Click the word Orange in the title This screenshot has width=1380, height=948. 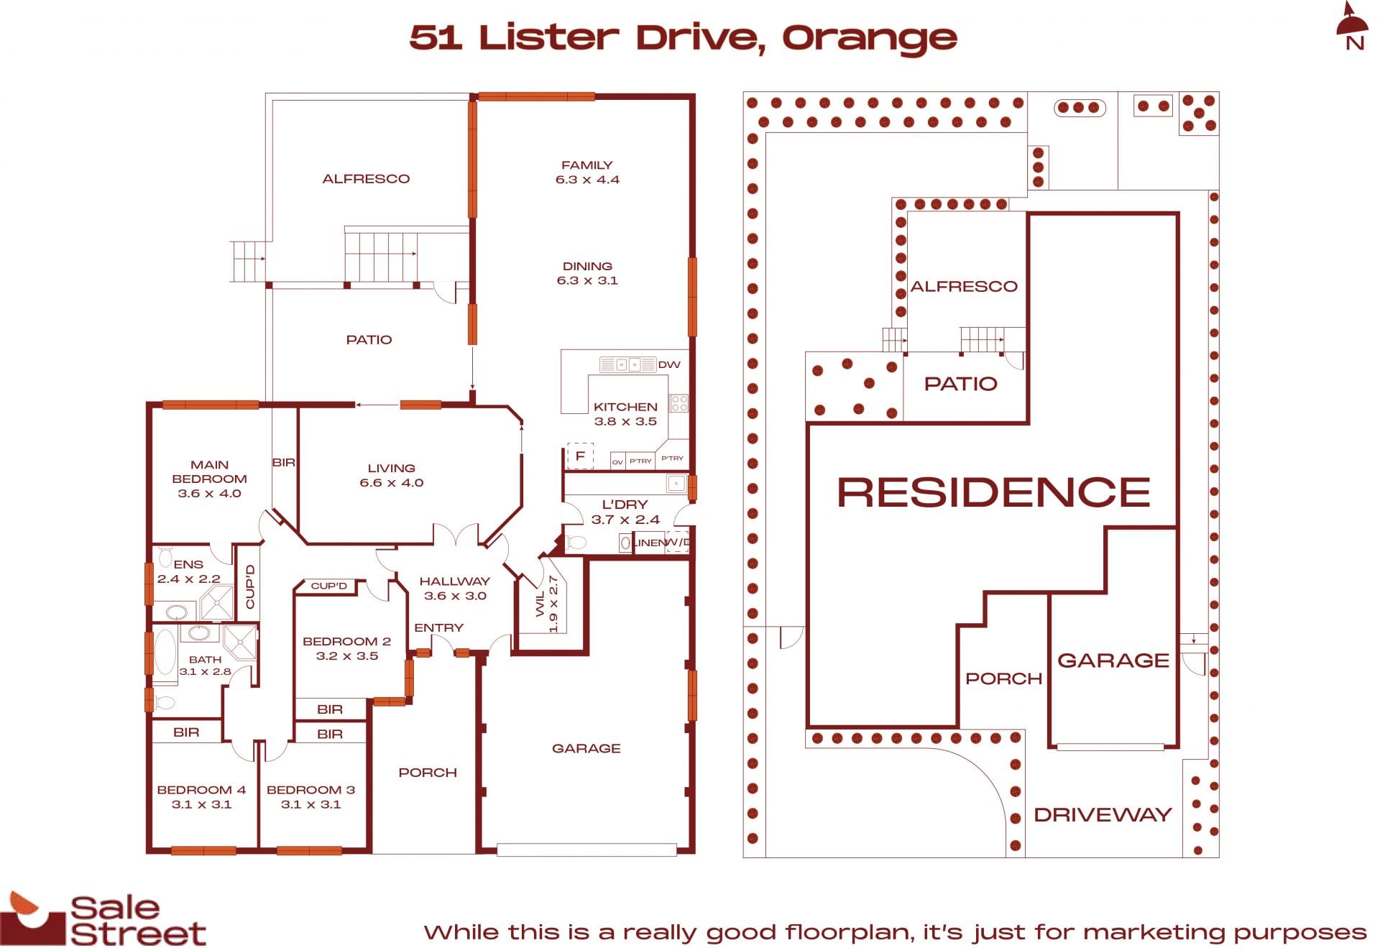870,39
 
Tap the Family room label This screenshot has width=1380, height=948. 587,172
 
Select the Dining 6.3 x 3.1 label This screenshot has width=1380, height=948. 587,273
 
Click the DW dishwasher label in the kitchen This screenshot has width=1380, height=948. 669,364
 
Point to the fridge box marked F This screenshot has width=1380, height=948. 580,456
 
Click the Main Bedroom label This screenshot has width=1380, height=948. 209,479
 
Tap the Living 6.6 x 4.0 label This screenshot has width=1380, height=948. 392,475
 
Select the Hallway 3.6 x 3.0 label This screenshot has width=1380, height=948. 455,588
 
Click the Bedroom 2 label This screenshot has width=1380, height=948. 346,648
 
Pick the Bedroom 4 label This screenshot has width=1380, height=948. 201,796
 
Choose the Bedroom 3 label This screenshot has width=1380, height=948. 310,796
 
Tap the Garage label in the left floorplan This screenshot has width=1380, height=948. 586,748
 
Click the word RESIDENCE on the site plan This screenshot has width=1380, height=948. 994,492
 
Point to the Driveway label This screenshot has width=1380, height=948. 1103,814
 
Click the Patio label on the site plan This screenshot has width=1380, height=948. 961,384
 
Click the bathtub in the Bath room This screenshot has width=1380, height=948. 165,652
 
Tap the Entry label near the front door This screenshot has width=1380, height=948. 438,627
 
